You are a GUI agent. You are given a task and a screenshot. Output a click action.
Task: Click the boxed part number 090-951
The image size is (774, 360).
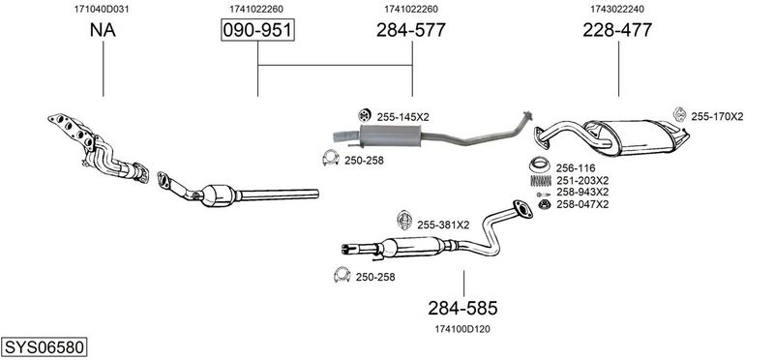pos(257,30)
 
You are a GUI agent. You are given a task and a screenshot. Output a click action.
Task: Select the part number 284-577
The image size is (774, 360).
pos(410,30)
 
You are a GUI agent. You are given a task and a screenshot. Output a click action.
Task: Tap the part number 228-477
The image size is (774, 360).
pos(617,30)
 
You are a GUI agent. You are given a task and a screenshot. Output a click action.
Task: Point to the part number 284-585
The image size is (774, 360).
pos(462,308)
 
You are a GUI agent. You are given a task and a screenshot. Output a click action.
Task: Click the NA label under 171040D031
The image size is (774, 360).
pos(103,30)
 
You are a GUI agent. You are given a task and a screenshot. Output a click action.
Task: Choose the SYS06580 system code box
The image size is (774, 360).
pos(44,347)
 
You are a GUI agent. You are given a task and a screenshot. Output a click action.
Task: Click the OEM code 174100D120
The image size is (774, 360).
pos(462,329)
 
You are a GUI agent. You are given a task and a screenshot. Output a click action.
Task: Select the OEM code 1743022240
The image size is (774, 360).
pos(617,9)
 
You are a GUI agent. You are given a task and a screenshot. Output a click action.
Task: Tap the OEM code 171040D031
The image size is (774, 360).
pos(102,9)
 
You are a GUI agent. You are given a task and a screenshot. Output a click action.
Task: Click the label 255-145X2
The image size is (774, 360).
pos(402,117)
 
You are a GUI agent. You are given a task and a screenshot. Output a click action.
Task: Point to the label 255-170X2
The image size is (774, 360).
pos(717,116)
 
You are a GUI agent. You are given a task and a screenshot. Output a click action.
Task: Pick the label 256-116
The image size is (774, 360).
pos(576,167)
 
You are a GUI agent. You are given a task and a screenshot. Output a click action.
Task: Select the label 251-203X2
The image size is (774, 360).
pos(582,180)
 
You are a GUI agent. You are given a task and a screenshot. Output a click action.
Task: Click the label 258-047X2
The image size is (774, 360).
pos(582,204)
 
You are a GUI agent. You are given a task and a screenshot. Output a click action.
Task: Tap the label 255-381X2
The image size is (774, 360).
pos(443,225)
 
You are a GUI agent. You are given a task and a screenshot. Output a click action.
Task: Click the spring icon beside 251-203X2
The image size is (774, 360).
pos(541,181)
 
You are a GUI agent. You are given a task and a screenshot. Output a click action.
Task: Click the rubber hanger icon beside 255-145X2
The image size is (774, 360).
pos(365,115)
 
